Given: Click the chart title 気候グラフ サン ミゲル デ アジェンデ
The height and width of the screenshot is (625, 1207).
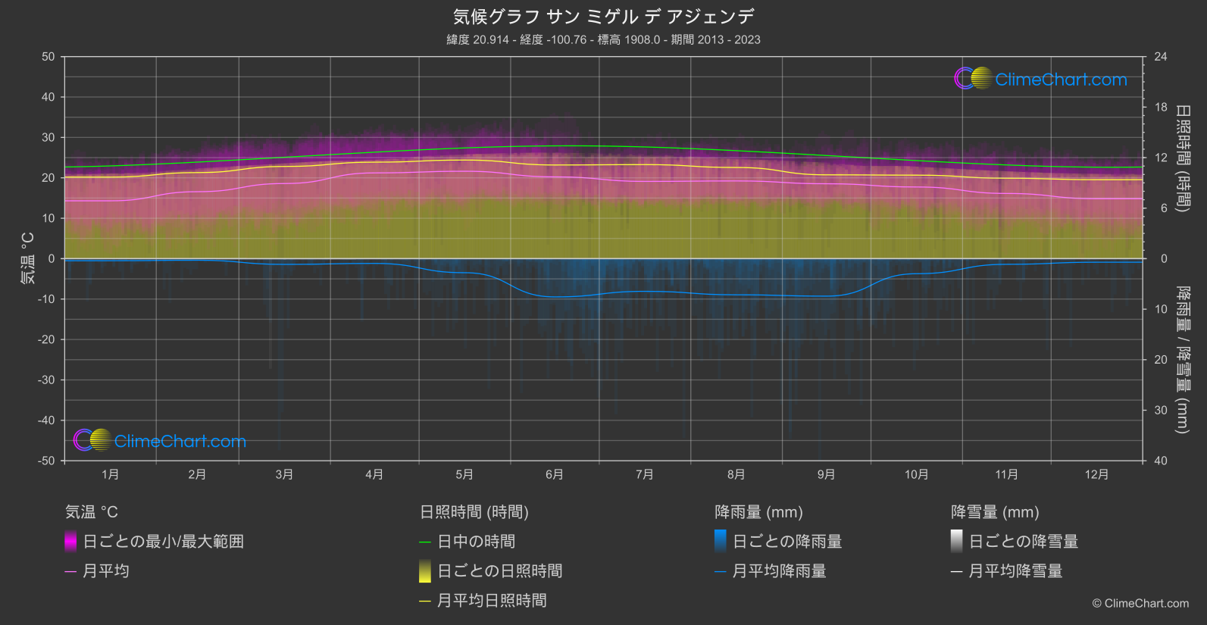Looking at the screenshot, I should (603, 17).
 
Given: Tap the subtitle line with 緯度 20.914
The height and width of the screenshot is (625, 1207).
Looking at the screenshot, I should (603, 39).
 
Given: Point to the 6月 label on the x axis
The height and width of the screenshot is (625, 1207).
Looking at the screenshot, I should (555, 474).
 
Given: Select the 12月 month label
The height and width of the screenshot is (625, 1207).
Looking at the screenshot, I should (1096, 474).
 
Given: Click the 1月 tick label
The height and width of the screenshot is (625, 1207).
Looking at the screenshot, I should (111, 474).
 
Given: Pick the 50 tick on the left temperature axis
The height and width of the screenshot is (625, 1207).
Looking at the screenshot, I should (48, 57).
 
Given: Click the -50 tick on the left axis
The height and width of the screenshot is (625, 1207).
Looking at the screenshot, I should (46, 461).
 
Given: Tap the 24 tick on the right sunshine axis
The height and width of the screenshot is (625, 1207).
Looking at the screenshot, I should (1160, 57).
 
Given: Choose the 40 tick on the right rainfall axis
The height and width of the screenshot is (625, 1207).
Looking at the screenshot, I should (1160, 461).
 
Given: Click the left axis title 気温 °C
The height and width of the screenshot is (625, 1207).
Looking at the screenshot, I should (28, 258).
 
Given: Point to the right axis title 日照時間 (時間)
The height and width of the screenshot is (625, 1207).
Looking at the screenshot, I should (1182, 158).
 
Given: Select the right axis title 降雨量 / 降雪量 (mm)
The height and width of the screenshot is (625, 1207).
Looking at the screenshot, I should (1182, 360).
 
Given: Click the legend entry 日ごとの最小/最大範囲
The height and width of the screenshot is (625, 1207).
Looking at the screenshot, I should (163, 542).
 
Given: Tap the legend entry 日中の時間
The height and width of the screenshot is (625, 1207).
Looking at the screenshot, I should (476, 542).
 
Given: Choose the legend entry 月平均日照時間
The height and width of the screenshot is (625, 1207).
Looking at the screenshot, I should (492, 601).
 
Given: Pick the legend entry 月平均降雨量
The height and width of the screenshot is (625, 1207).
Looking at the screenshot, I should (779, 571).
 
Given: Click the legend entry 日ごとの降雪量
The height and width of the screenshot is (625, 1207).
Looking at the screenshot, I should (1023, 542).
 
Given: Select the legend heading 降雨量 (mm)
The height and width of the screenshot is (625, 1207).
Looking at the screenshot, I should (758, 512).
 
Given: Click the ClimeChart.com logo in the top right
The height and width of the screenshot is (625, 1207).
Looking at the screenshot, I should (1041, 79).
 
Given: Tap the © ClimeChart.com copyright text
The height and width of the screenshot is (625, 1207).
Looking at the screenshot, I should (1140, 604).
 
